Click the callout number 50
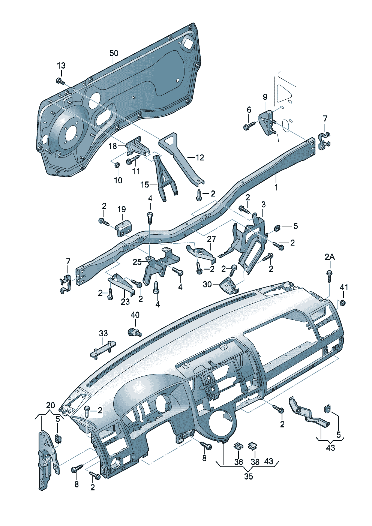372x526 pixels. [x=114, y=53]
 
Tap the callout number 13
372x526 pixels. [x=61, y=65]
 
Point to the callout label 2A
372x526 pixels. [x=330, y=257]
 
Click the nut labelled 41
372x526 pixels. [x=342, y=303]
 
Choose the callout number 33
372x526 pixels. [x=103, y=333]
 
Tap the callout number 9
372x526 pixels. [x=265, y=97]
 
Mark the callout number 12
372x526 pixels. [x=200, y=158]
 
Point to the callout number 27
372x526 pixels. [x=211, y=239]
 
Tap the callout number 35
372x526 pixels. [x=248, y=477]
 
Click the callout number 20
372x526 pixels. [x=51, y=405]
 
